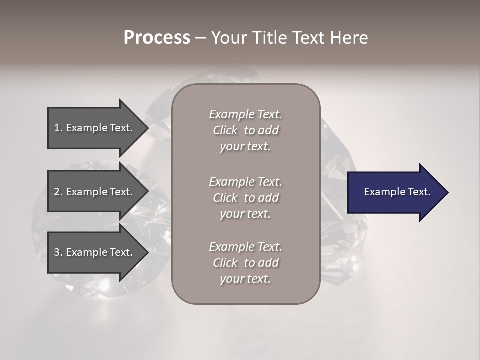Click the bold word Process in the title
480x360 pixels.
coord(157,38)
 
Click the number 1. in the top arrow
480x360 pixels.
coord(58,128)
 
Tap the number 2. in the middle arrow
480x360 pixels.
coord(58,192)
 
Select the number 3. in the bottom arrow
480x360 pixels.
coord(58,252)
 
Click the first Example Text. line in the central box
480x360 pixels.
coord(245,114)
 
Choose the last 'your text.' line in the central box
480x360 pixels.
coord(245,279)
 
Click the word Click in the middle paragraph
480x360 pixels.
coord(225,198)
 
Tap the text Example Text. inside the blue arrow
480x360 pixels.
coord(397,192)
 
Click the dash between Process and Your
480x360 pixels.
coord(200,38)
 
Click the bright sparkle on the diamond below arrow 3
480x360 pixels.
coord(104,285)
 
